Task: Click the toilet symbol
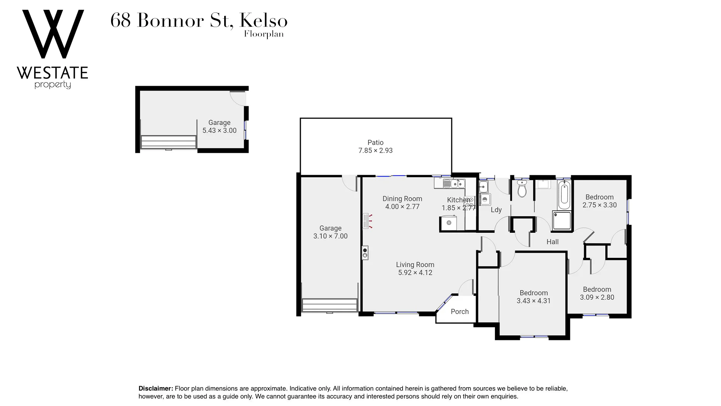(522, 189)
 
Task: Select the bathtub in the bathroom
(564, 195)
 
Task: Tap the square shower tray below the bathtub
(562, 221)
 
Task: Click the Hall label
(552, 242)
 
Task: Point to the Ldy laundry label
(496, 210)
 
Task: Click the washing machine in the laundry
(485, 199)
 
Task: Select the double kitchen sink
(454, 184)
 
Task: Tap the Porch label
(460, 312)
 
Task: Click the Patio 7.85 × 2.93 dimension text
(376, 151)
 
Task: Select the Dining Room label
(402, 199)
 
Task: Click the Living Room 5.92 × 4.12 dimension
(415, 273)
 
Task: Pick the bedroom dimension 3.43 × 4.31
(533, 301)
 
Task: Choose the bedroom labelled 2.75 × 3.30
(599, 201)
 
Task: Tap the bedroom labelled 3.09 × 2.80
(597, 294)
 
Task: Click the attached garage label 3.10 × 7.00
(330, 232)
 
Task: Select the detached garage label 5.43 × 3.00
(219, 127)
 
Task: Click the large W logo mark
(53, 34)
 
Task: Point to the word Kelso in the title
(263, 21)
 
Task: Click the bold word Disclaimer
(155, 389)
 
